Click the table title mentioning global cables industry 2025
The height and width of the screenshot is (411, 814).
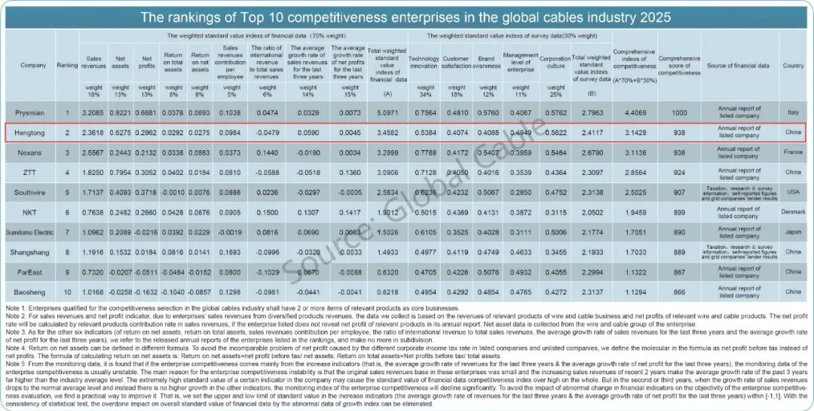[405, 17]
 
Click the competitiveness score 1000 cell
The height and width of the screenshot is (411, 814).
[679, 113]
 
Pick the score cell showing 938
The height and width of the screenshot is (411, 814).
[679, 133]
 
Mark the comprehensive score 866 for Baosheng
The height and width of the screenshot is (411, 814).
[679, 290]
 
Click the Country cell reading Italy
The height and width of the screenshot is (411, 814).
[793, 113]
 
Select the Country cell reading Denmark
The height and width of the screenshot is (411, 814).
[793, 212]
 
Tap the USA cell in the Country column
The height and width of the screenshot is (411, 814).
[793, 192]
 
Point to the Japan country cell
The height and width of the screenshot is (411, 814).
[793, 232]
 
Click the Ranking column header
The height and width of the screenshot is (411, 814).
[67, 66]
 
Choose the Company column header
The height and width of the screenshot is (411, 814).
[32, 66]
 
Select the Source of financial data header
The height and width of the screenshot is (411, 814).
[738, 66]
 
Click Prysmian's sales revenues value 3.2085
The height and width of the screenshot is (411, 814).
[94, 113]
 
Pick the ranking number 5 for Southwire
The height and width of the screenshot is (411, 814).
[67, 192]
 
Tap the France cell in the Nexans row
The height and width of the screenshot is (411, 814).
[793, 152]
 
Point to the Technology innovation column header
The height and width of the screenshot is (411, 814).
[423, 62]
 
